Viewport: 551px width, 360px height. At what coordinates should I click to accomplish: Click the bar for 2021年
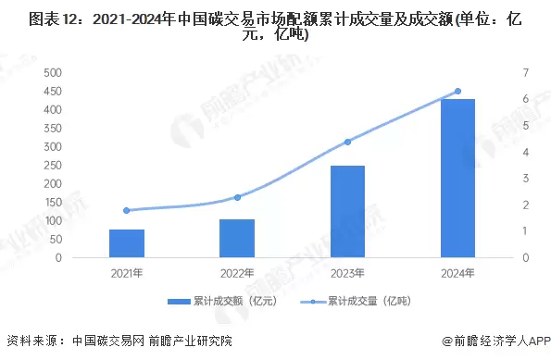(127, 243)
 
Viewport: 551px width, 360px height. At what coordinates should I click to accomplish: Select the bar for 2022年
(237, 239)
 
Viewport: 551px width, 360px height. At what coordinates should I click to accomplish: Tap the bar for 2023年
(347, 212)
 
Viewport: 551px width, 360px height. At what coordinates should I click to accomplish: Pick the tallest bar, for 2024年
(457, 179)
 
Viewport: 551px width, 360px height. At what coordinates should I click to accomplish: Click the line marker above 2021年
(127, 210)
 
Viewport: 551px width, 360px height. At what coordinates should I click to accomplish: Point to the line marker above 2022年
(237, 197)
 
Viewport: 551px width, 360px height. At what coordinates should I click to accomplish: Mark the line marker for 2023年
(347, 142)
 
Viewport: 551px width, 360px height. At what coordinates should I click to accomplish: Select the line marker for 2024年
(457, 91)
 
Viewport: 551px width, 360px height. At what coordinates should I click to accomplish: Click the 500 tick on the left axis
(52, 72)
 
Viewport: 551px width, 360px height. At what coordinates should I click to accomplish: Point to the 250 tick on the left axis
(52, 166)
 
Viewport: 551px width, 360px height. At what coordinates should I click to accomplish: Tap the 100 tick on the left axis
(52, 221)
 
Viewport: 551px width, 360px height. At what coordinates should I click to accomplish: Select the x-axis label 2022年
(237, 273)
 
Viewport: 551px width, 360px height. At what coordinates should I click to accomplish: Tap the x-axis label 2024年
(457, 273)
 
